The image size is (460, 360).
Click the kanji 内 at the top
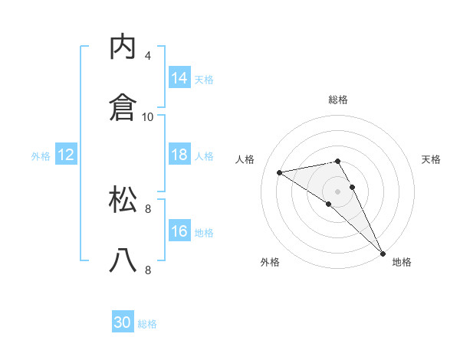coord(123,47)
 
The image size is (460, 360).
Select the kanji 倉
coord(123,107)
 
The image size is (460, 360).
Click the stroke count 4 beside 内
coord(148,56)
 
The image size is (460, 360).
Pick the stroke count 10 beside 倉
coord(148,116)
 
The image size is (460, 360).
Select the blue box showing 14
coord(179,78)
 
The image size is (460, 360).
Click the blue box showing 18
coord(179,155)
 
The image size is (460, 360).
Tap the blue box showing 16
coord(179,231)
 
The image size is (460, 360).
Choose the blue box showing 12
coord(65,155)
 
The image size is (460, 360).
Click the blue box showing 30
coord(123,322)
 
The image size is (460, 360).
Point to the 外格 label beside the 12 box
coord(41,156)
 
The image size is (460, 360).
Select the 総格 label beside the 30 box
coord(147,324)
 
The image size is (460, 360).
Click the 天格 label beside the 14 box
coord(204,80)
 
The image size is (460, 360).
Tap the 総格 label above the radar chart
coord(338,100)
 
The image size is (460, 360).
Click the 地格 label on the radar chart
coord(402,262)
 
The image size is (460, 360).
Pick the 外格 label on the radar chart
coord(270,262)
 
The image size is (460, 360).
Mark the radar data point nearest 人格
coord(279,172)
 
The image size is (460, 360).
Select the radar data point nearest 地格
coord(383,253)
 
